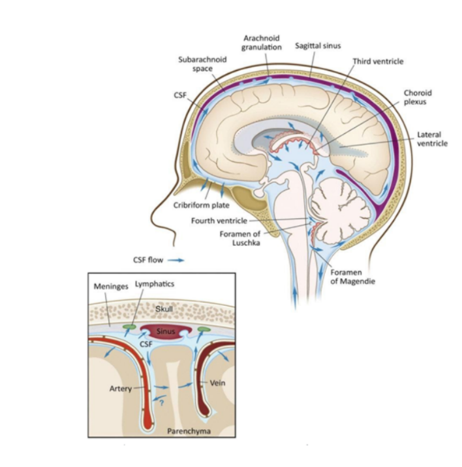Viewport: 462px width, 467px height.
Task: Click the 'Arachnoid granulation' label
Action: tap(262, 43)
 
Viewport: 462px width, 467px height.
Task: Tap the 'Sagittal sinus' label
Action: tap(318, 46)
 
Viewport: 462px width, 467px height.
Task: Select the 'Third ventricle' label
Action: tap(378, 61)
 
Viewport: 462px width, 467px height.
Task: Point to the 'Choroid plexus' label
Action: tap(418, 97)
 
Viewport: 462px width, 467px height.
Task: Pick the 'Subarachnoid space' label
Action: tap(202, 63)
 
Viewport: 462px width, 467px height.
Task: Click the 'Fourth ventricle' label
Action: tap(219, 221)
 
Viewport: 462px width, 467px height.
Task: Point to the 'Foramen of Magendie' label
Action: tap(353, 277)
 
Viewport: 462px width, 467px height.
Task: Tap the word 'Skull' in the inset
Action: tap(164, 309)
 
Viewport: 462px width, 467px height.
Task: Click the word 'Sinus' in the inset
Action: tap(166, 332)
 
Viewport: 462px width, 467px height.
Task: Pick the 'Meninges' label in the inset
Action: tap(111, 286)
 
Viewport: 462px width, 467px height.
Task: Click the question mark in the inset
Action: tap(162, 402)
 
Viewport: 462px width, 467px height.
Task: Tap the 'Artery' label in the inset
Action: tap(121, 389)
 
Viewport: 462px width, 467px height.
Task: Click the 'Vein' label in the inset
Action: tap(217, 383)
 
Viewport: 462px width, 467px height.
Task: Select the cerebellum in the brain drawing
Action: tap(338, 206)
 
